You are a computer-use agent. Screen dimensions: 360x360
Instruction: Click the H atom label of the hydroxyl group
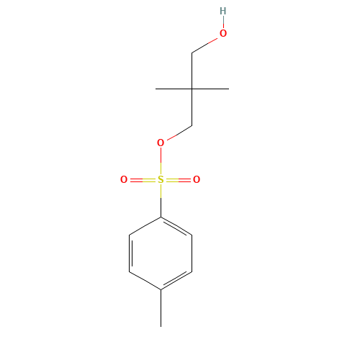click(223, 11)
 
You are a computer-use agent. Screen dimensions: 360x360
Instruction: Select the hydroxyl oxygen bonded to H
click(223, 33)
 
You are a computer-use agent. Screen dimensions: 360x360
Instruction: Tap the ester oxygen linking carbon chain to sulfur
click(161, 143)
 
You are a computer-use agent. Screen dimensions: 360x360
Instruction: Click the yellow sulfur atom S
click(161, 179)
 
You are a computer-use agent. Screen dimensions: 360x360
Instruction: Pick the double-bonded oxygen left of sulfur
click(124, 179)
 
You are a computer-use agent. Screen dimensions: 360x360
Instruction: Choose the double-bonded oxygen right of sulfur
click(197, 179)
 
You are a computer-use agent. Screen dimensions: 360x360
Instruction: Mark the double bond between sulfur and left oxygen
click(143, 180)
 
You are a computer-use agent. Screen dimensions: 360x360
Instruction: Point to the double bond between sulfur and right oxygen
click(179, 180)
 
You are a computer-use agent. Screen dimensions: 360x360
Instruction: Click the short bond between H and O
click(223, 22)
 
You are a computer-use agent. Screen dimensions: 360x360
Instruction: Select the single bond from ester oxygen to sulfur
click(161, 161)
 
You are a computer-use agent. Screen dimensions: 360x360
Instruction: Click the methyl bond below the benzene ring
click(161, 308)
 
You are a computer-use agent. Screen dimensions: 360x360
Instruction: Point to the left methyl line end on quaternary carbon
click(156, 89)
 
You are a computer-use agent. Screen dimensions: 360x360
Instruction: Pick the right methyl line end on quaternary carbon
click(229, 89)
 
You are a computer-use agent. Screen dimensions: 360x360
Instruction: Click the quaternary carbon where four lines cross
click(192, 89)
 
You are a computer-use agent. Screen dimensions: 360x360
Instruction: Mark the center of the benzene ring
click(161, 253)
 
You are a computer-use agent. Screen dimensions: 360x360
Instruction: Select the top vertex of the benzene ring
click(161, 217)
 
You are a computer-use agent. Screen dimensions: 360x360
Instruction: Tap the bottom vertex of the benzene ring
click(161, 290)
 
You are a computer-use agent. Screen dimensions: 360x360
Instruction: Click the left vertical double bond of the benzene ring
click(130, 253)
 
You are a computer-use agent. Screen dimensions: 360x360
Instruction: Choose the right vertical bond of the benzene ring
click(192, 253)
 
